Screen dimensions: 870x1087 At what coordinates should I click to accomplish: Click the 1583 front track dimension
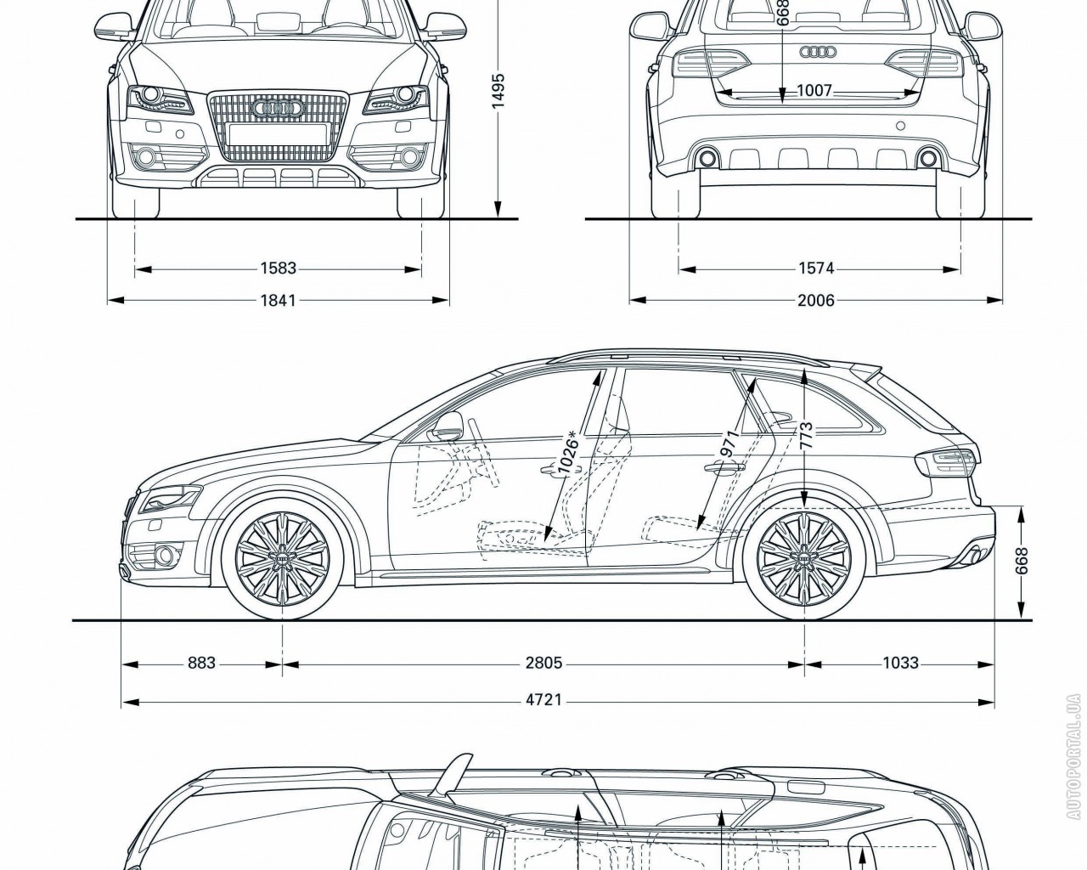[x=278, y=269]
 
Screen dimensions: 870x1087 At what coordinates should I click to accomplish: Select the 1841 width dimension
[x=278, y=300]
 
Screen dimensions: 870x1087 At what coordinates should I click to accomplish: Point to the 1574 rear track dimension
[x=816, y=269]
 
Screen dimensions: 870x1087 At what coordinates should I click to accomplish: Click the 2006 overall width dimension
[x=816, y=300]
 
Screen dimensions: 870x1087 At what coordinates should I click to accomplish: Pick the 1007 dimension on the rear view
[x=814, y=91]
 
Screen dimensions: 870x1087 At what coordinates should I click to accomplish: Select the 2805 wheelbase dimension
[x=543, y=663]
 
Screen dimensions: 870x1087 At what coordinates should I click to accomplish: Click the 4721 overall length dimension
[x=543, y=702]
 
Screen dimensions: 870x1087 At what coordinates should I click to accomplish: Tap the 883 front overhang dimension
[x=201, y=663]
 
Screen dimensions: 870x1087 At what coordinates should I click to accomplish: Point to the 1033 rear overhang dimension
[x=900, y=663]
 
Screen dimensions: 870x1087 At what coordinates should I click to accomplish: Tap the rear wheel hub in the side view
[x=803, y=557]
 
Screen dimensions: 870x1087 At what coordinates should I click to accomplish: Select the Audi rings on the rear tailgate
[x=817, y=53]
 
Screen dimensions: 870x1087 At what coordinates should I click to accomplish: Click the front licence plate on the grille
[x=278, y=133]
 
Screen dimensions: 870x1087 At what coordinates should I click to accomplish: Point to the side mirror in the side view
[x=449, y=424]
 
